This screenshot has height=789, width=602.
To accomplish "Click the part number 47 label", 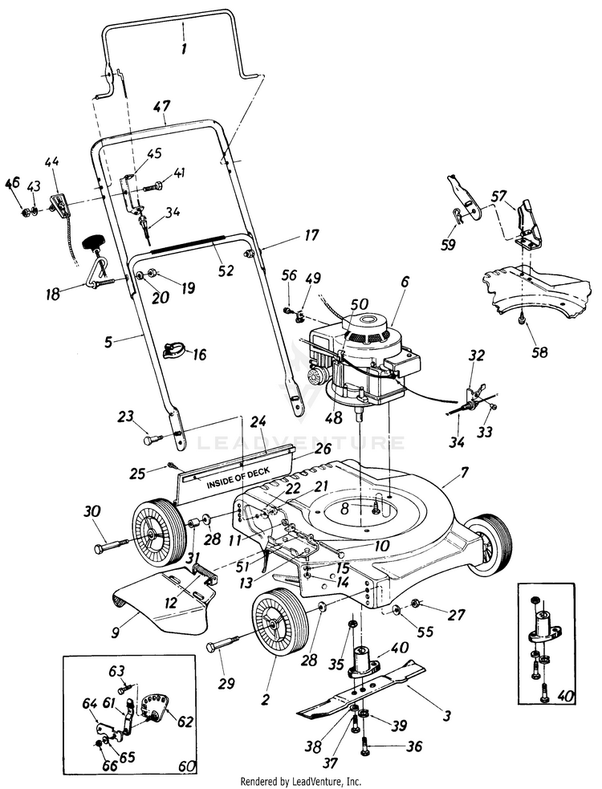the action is coord(162,107).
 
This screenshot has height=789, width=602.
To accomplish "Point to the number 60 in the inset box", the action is coord(185,767).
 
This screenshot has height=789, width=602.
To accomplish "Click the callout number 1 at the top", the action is coord(183,48).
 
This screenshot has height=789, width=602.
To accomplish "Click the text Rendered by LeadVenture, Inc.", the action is coord(301,782).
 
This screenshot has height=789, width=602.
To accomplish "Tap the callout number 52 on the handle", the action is coord(226,270).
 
